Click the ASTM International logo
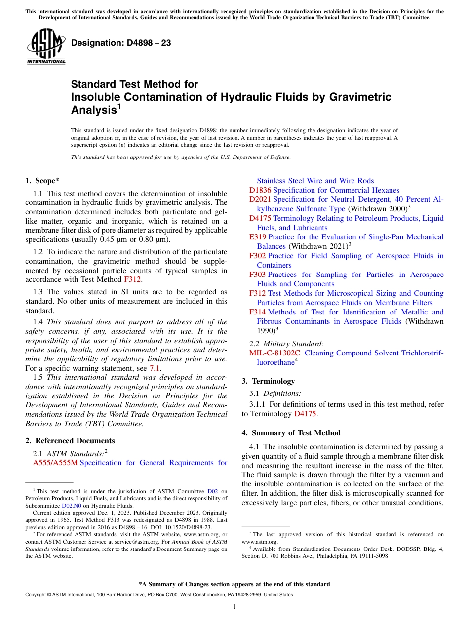(x=46, y=46)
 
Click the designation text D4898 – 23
(x=121, y=43)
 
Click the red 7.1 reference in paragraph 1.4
(x=155, y=368)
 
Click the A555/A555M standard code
(x=55, y=463)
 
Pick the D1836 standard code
(x=260, y=190)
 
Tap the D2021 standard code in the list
(x=260, y=199)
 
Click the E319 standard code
(x=257, y=237)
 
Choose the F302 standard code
(x=257, y=256)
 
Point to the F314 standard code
(x=257, y=312)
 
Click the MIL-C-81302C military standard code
(x=274, y=353)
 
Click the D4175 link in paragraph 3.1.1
(x=305, y=414)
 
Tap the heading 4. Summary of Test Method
(x=291, y=433)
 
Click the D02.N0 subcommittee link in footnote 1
(x=72, y=506)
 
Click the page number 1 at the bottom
(x=234, y=607)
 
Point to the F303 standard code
(x=257, y=275)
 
